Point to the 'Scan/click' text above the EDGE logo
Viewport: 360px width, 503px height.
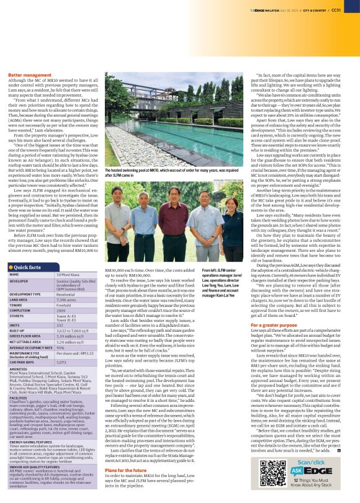pyautogui.click(x=317, y=445)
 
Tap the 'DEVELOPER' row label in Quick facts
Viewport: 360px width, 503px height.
pyautogui.click(x=20, y=280)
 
